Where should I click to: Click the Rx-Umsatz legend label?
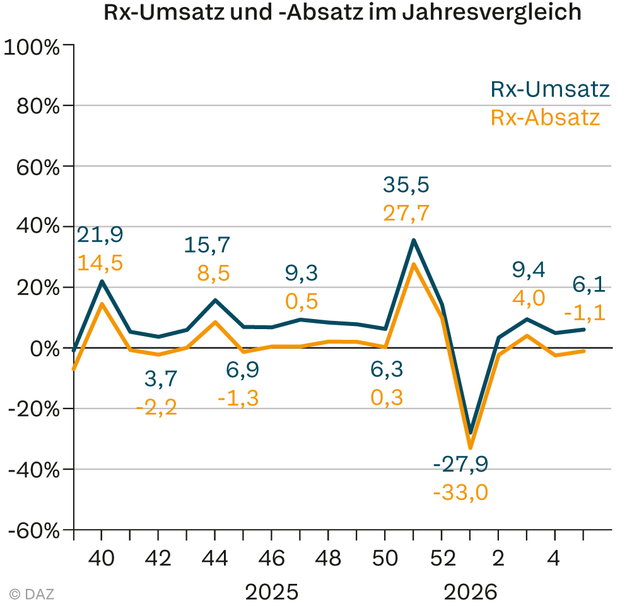(x=550, y=90)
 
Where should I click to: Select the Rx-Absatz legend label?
(x=545, y=118)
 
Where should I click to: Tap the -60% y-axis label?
(x=33, y=530)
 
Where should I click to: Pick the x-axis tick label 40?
(x=102, y=558)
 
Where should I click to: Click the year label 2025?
(x=271, y=593)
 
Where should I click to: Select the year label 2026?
(x=470, y=593)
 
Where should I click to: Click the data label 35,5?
(x=406, y=185)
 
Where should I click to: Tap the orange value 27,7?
(x=406, y=213)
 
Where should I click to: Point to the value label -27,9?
(x=460, y=463)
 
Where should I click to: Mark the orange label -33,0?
(x=460, y=492)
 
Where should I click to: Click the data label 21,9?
(x=100, y=235)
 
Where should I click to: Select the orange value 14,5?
(x=100, y=263)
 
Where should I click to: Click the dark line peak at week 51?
(x=413, y=240)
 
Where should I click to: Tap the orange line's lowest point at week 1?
(x=470, y=448)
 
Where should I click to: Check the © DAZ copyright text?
(x=32, y=593)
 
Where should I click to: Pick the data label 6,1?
(x=589, y=286)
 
